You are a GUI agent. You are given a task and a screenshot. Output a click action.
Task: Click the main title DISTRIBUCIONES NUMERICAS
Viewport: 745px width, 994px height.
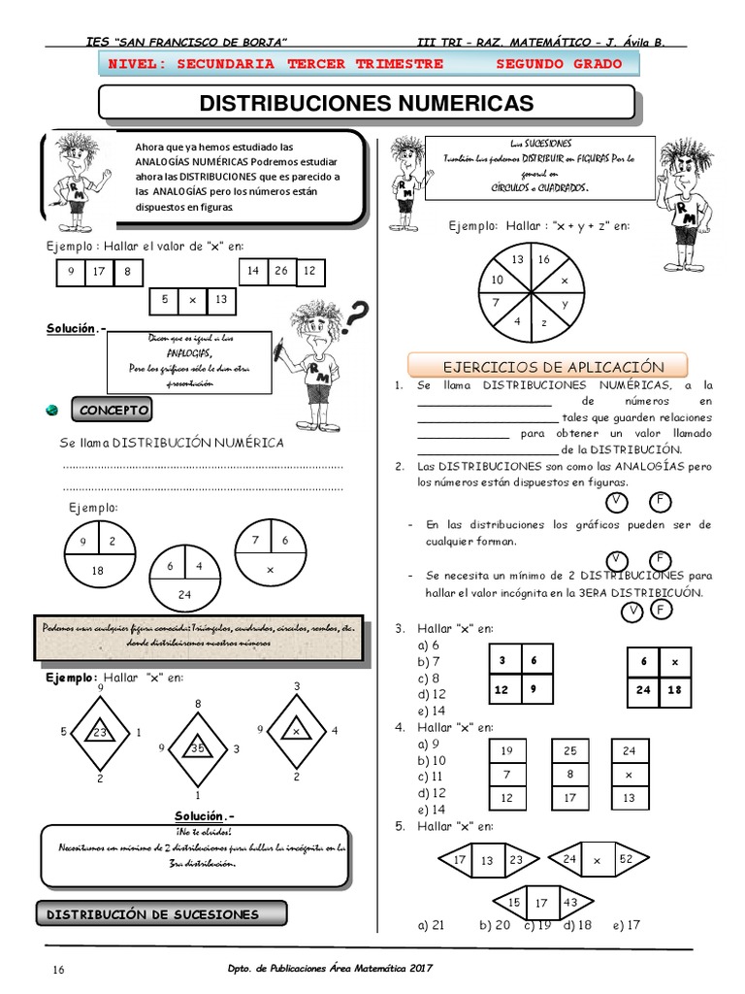(x=367, y=103)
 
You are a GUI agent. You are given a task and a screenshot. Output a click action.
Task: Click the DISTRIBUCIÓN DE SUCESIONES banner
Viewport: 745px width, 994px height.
(x=161, y=914)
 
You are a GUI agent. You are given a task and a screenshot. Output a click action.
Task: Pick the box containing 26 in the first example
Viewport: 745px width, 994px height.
(x=280, y=270)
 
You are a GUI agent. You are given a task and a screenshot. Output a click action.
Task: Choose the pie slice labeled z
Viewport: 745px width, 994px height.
(x=544, y=321)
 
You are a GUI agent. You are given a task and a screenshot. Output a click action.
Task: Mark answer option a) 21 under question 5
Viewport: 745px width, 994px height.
(x=431, y=925)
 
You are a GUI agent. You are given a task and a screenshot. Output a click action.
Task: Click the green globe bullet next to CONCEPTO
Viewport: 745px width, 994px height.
(x=51, y=412)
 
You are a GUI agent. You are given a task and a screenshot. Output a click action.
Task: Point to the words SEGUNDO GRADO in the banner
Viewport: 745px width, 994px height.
(x=563, y=64)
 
